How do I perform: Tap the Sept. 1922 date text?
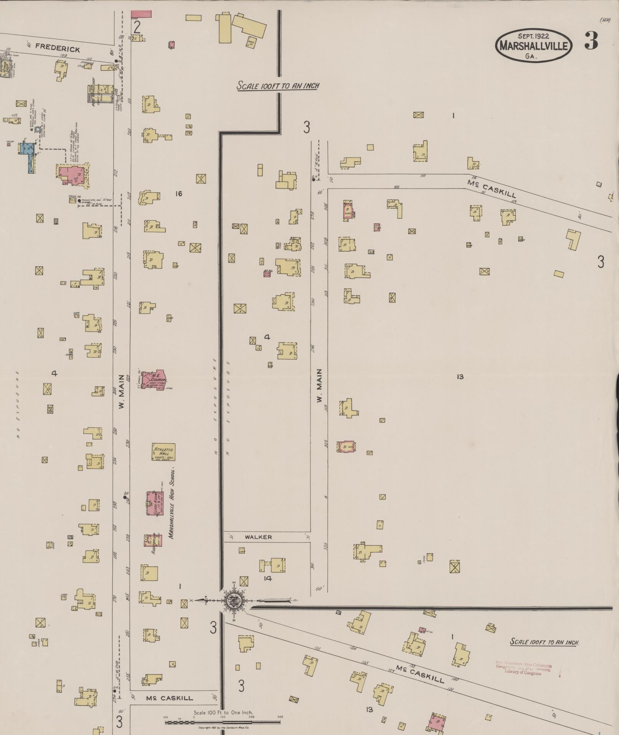pos(533,36)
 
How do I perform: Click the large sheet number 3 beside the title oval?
pos(591,41)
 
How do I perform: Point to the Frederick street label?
pos(58,48)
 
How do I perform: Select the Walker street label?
pos(258,537)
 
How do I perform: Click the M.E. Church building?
pos(154,380)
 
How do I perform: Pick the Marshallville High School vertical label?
pos(172,503)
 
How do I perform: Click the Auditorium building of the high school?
pos(153,541)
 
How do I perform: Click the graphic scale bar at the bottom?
pos(223,722)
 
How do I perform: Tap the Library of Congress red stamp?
pos(523,669)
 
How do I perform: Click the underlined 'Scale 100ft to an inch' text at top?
pos(277,85)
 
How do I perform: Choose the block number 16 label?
pos(178,194)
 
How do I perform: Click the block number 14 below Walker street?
pos(267,578)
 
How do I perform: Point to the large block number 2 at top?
pos(136,27)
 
